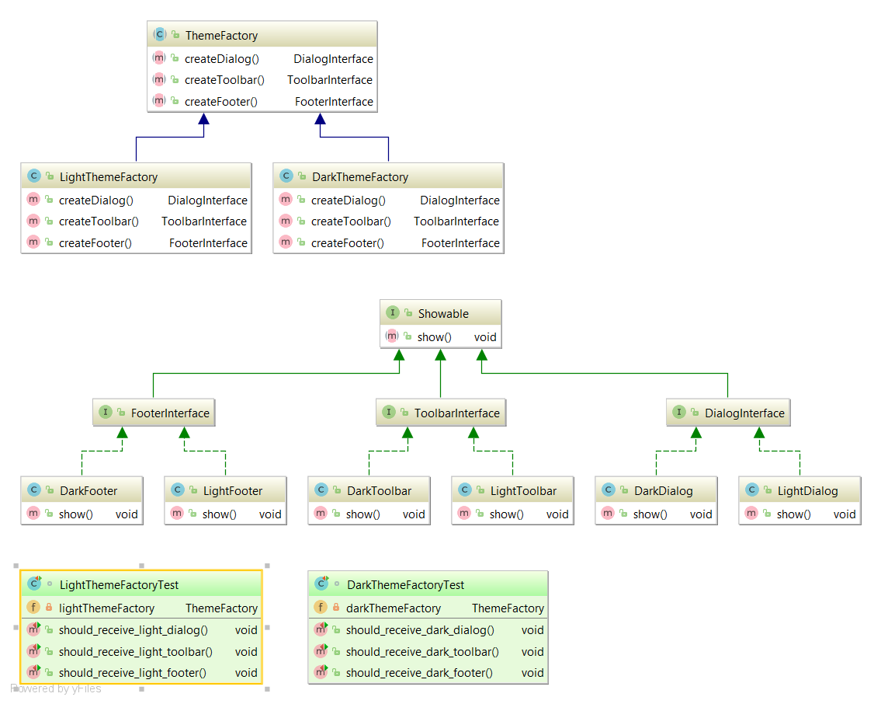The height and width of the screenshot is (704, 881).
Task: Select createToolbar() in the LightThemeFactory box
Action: tap(99, 221)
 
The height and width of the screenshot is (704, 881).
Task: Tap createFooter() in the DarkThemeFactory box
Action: tap(347, 243)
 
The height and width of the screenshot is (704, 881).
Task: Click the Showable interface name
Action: tap(443, 314)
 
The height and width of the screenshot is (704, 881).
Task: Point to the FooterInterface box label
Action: tap(170, 413)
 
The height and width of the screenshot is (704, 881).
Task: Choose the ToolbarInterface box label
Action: tap(456, 413)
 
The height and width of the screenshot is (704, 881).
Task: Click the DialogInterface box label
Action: tap(744, 413)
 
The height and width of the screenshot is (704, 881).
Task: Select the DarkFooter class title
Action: tap(88, 491)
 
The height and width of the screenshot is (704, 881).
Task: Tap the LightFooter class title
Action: tap(233, 491)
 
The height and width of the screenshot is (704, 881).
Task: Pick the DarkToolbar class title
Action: tap(379, 491)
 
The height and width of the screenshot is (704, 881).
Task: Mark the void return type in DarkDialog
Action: tap(701, 514)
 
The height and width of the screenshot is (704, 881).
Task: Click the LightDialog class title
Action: tap(807, 491)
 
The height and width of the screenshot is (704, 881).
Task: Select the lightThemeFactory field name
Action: tap(106, 608)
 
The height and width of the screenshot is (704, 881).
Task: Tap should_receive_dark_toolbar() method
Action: tap(422, 652)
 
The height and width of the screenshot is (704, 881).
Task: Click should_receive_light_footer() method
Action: tap(133, 673)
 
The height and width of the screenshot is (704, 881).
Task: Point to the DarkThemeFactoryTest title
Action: tap(405, 585)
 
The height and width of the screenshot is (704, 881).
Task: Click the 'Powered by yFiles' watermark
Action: tap(56, 688)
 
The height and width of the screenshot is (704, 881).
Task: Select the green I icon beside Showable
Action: tap(392, 313)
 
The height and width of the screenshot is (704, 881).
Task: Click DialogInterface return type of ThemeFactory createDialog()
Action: tap(333, 59)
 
